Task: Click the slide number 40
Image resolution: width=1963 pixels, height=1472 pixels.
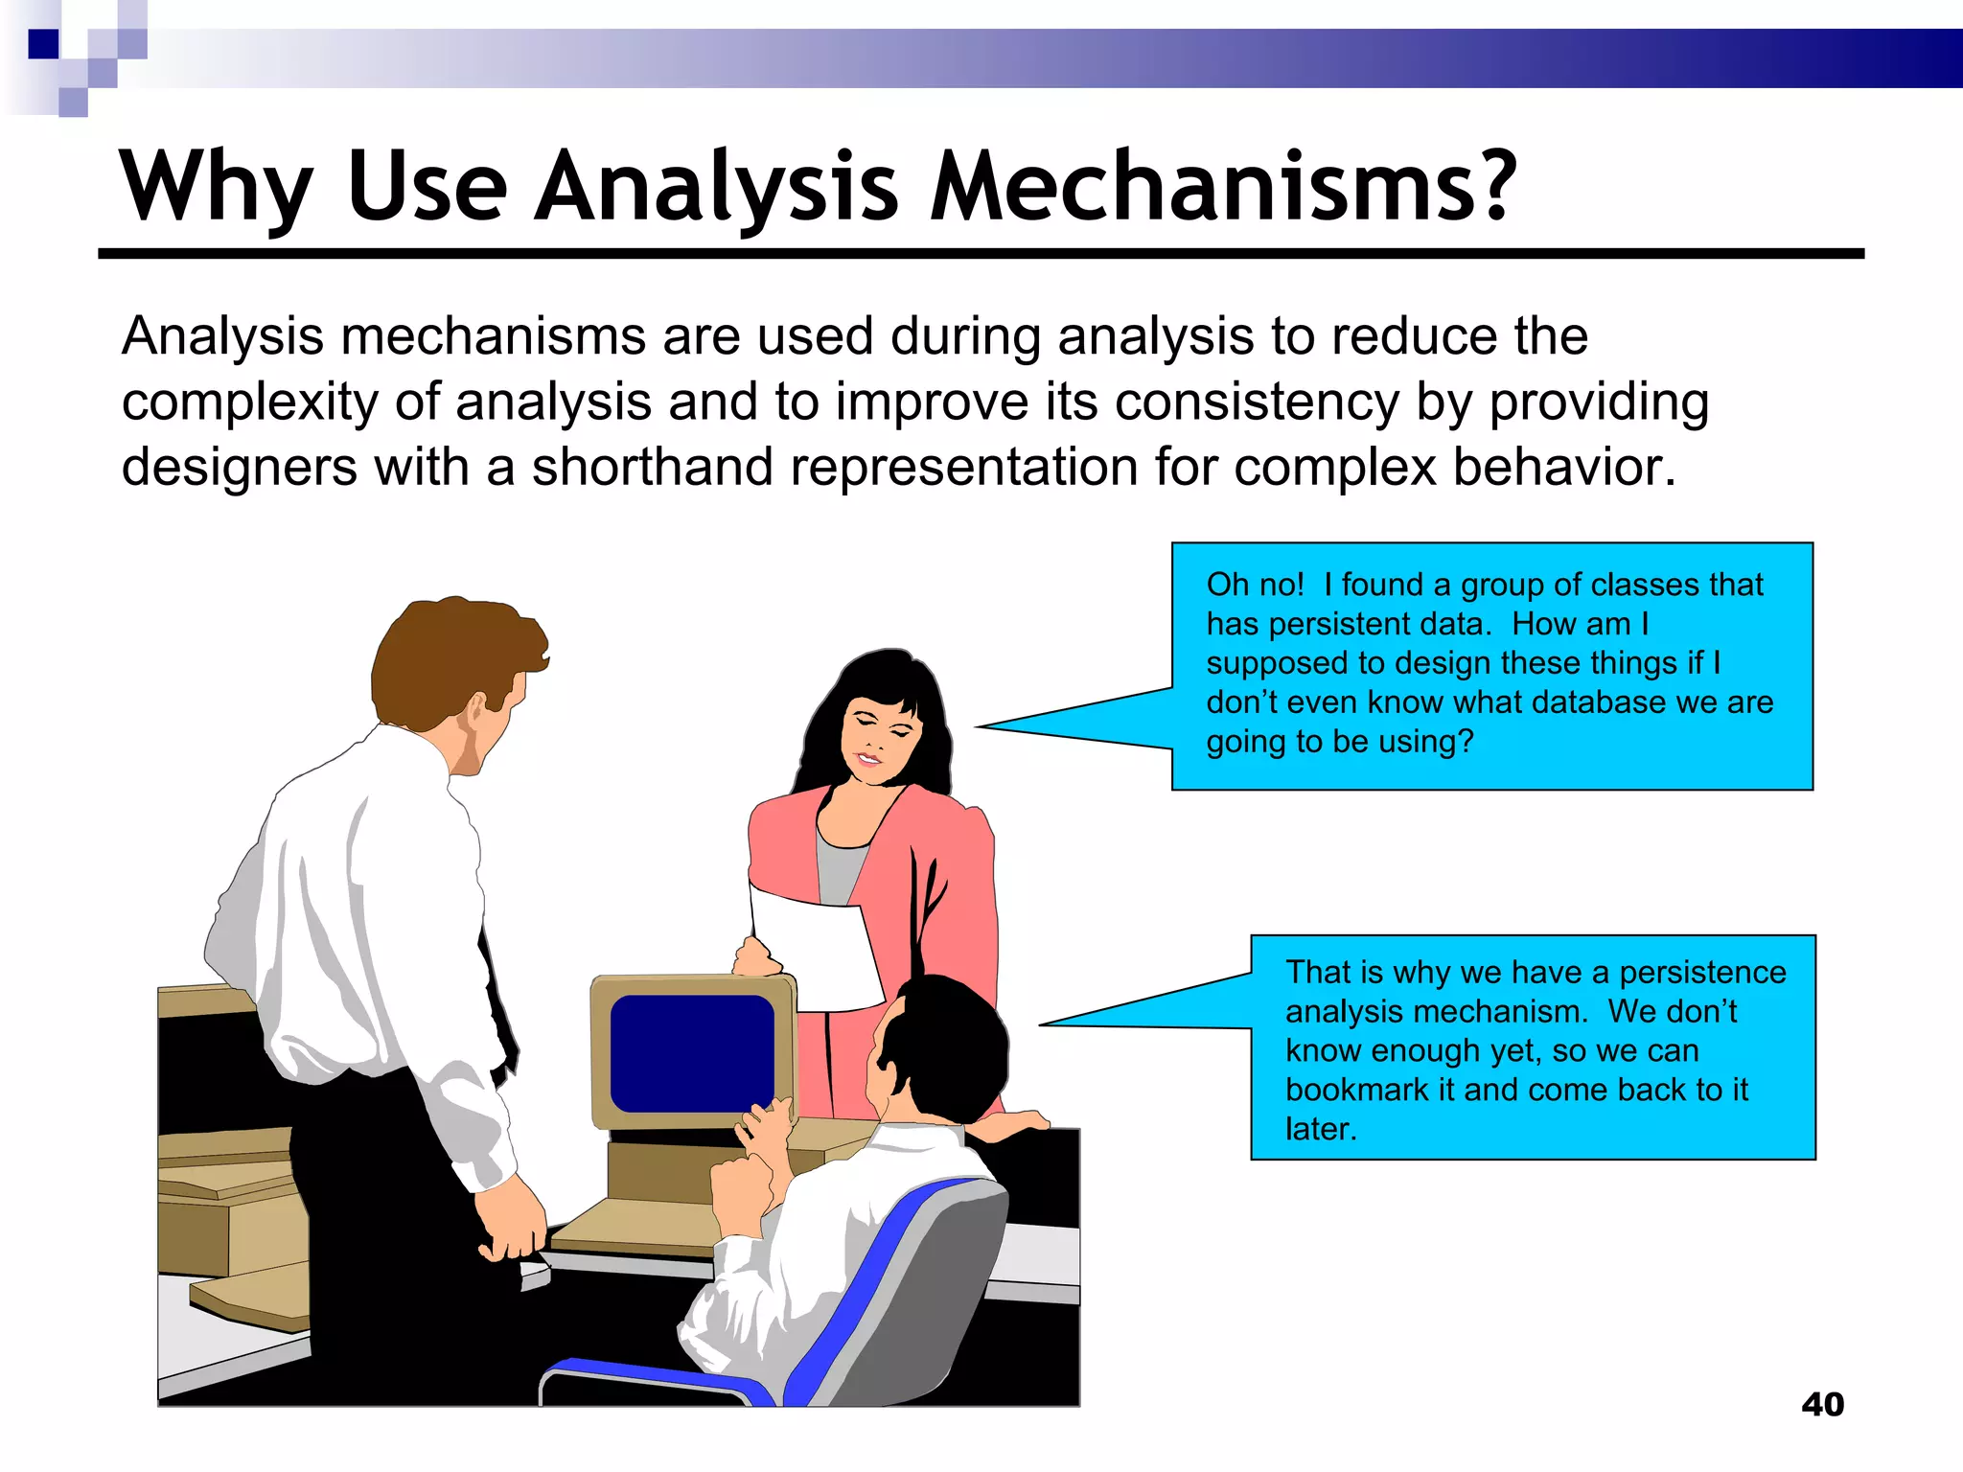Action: [1822, 1405]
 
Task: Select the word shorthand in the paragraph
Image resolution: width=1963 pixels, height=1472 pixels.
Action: [652, 468]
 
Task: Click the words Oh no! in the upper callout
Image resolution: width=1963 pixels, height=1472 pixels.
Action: [1255, 585]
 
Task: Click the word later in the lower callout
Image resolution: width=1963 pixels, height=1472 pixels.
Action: [1319, 1129]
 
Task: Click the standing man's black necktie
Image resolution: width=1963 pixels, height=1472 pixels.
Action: [498, 1016]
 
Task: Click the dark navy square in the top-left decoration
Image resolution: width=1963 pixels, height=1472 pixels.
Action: [44, 44]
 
